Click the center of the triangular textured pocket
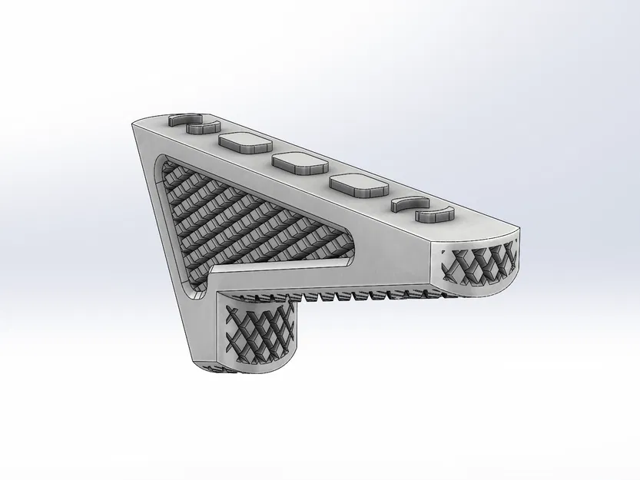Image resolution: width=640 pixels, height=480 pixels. (230, 219)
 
